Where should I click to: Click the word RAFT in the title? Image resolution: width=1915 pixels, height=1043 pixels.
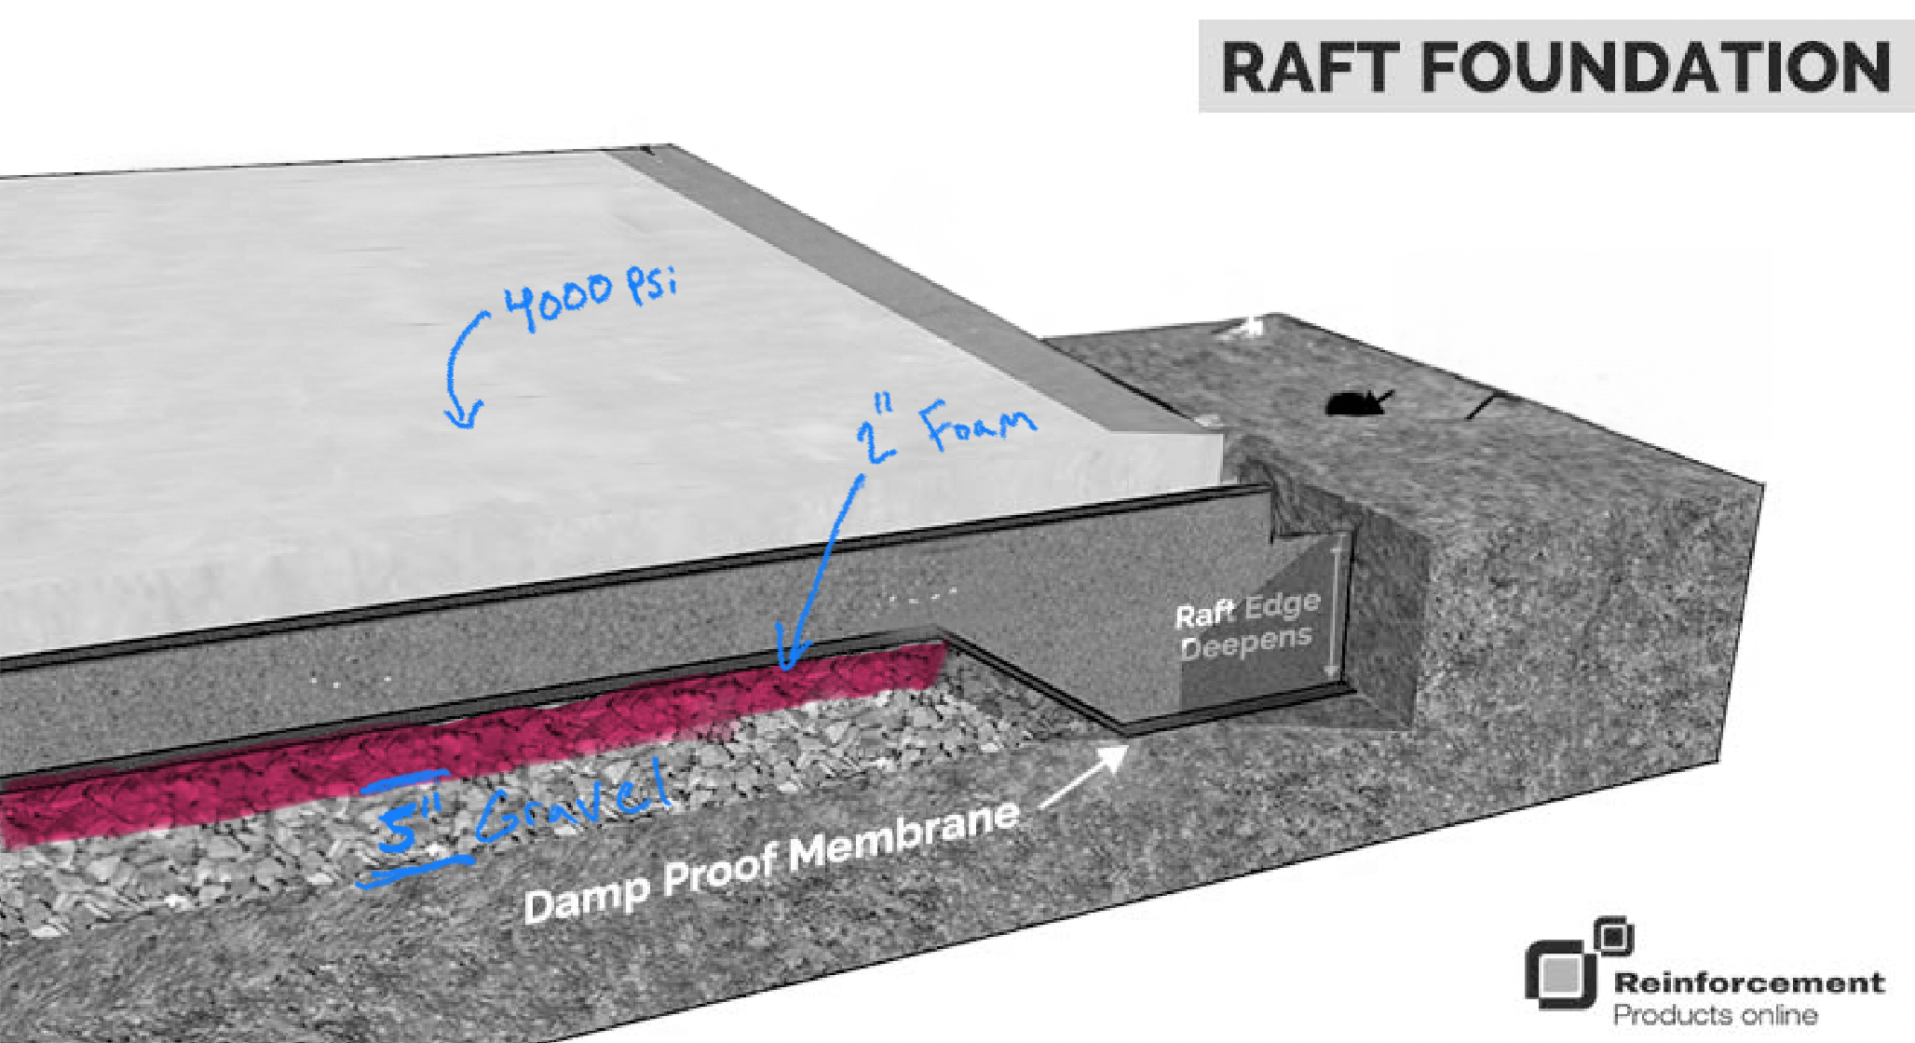1309,67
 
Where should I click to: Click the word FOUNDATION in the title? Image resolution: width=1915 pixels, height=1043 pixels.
1655,67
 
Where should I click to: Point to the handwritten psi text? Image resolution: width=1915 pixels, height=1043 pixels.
651,281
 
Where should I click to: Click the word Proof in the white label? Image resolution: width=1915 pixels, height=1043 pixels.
722,872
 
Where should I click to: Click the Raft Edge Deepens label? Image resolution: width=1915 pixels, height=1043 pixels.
1246,625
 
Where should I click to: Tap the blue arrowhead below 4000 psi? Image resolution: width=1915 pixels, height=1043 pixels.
463,415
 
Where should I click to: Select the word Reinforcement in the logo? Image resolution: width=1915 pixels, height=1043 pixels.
1748,982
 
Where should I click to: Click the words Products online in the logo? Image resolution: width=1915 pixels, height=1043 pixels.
1714,1014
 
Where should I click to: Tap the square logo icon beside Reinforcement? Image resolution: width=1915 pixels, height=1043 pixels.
1574,965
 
